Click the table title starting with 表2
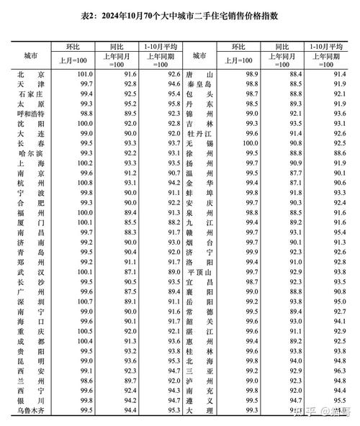pyautogui.click(x=179, y=15)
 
